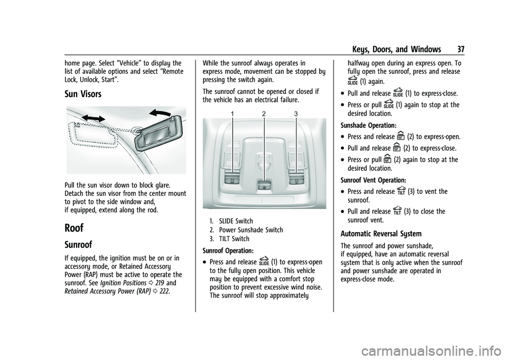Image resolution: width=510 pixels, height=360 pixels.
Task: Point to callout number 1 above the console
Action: tap(232, 114)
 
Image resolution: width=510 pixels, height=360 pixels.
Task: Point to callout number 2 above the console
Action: tap(263, 114)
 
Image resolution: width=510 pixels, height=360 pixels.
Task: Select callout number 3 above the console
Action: tap(295, 114)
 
